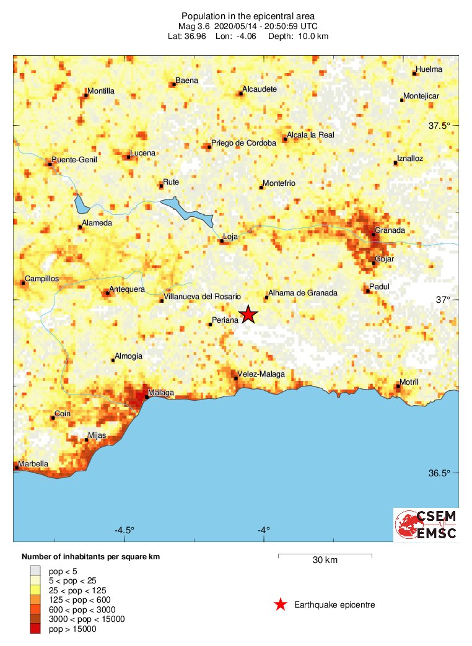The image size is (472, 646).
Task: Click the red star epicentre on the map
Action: click(248, 314)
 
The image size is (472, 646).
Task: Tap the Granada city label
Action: click(391, 230)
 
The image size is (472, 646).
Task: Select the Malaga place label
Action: click(162, 393)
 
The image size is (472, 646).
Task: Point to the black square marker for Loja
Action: click(222, 242)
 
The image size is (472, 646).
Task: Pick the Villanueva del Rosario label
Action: click(203, 296)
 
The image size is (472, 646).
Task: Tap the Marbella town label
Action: click(33, 463)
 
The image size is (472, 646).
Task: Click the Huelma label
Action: click(430, 69)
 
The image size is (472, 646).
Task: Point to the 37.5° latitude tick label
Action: click(440, 126)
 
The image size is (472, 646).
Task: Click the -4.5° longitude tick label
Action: click(125, 530)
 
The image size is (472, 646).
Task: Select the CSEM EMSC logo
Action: click(427, 525)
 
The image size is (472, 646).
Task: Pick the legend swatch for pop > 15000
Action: click(36, 629)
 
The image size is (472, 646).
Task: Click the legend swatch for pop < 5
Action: click(36, 570)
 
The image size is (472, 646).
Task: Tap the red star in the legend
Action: click(281, 605)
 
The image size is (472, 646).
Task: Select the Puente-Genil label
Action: click(75, 159)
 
